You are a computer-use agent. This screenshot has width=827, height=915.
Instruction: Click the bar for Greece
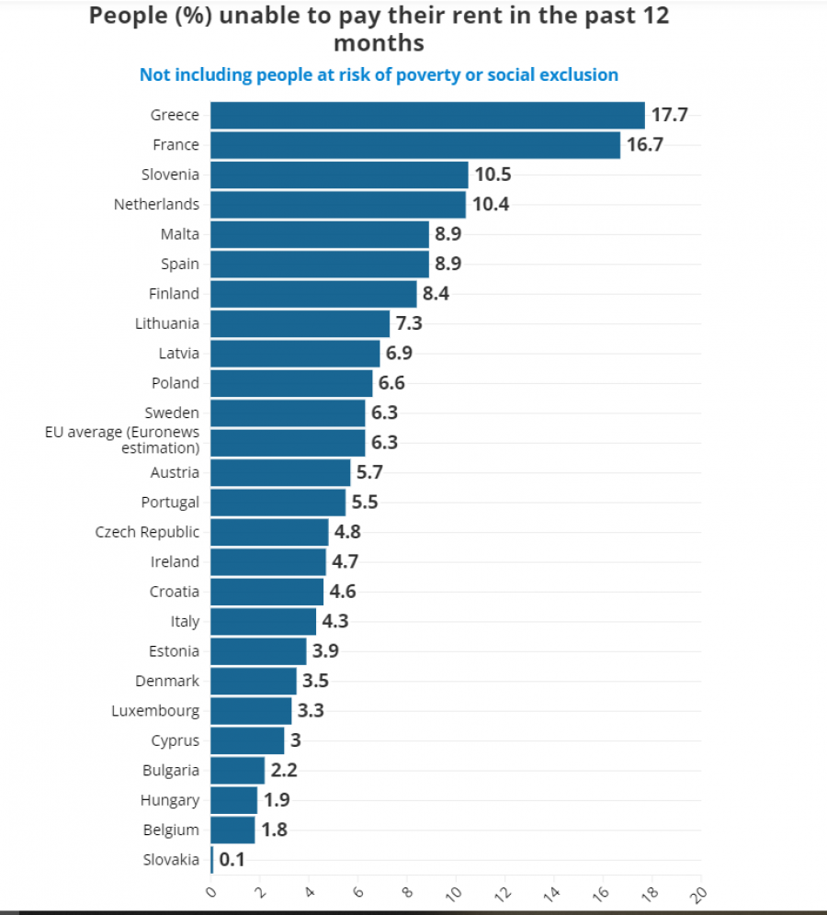(x=427, y=115)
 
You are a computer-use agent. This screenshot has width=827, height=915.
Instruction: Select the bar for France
(x=415, y=145)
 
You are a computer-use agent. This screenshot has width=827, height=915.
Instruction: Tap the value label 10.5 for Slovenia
(x=492, y=175)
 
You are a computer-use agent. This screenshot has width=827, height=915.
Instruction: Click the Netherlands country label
(x=156, y=204)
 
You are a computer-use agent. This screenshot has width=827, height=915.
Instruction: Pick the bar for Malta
(x=320, y=234)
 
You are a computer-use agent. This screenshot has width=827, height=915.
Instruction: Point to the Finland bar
(x=313, y=294)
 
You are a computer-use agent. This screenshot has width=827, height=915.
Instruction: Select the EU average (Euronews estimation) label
(x=122, y=441)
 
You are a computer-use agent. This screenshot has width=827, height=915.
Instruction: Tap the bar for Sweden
(x=288, y=413)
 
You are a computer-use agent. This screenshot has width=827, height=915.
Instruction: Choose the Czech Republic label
(x=147, y=532)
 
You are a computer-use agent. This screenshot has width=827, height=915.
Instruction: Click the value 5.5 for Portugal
(x=365, y=503)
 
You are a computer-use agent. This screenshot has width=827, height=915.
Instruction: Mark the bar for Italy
(x=263, y=621)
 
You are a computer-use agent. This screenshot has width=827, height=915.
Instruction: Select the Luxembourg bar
(x=251, y=710)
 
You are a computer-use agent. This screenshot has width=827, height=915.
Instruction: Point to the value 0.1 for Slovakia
(x=232, y=860)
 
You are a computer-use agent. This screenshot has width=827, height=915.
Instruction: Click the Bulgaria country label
(x=171, y=771)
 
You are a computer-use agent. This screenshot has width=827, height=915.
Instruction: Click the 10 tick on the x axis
(x=455, y=892)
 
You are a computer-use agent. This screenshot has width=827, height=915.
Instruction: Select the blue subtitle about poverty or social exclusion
(x=379, y=75)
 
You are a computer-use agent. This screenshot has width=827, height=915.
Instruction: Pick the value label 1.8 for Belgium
(x=275, y=830)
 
